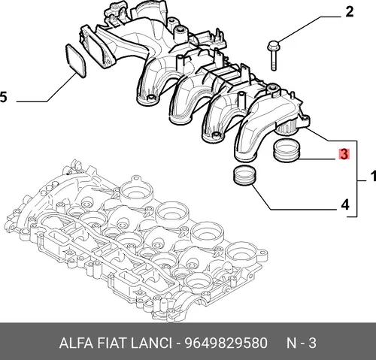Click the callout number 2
click(350, 12)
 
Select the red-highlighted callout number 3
click(344, 154)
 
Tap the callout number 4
click(345, 205)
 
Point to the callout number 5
click(3, 97)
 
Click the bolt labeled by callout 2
click(273, 55)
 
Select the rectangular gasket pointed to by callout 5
click(76, 61)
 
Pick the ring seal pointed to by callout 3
click(287, 151)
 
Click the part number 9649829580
click(226, 343)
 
